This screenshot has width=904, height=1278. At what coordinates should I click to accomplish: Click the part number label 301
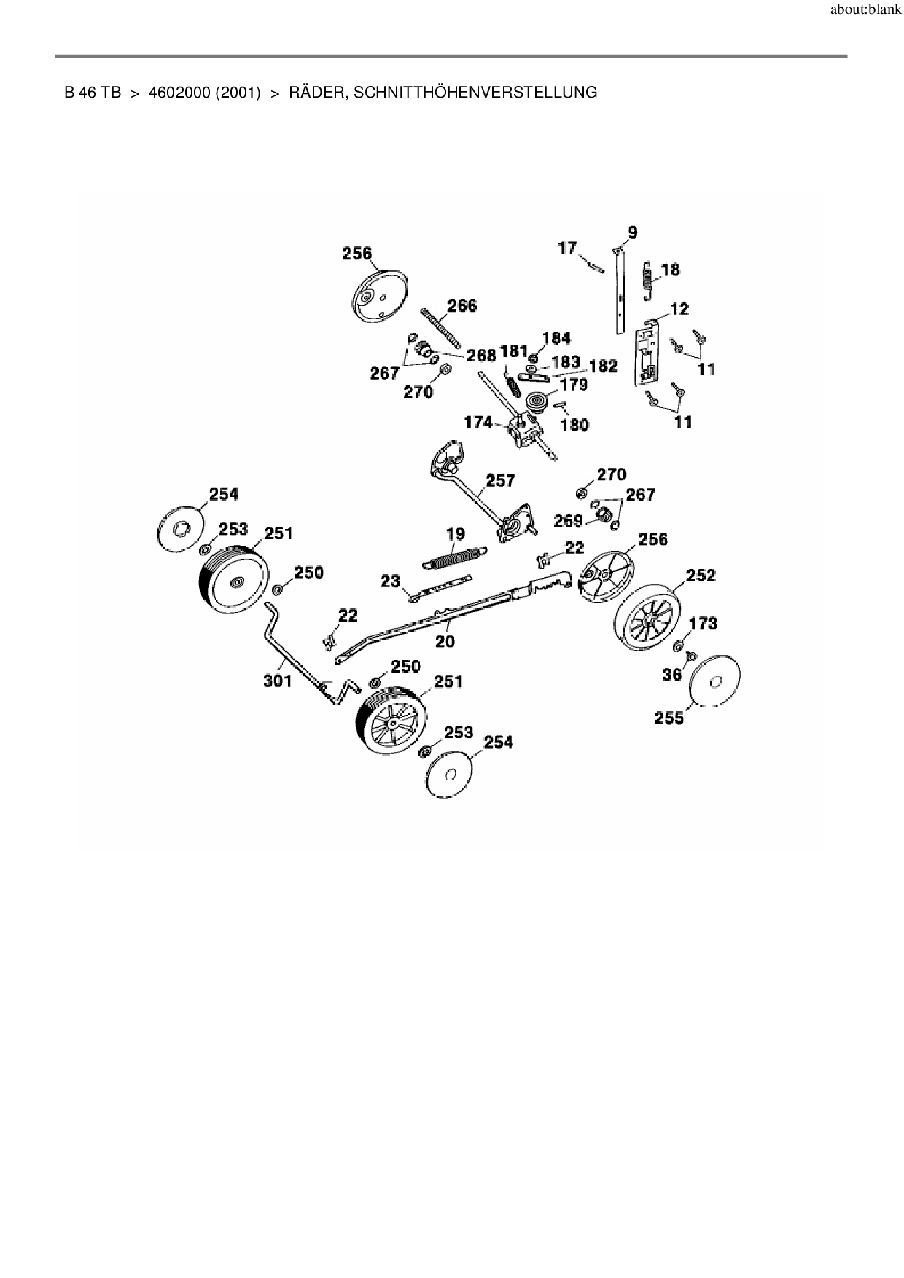click(277, 681)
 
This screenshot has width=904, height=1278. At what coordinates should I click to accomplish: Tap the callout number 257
click(501, 480)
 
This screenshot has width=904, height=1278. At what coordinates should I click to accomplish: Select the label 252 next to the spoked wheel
click(701, 575)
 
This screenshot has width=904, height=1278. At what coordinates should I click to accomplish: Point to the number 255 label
click(669, 718)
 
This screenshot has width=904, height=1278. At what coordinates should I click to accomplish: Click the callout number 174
click(478, 422)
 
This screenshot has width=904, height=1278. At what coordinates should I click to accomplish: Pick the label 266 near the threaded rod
click(461, 305)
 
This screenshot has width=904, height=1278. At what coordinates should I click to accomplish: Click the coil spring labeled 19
click(455, 559)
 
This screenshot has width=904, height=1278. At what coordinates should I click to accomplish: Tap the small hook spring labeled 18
click(648, 278)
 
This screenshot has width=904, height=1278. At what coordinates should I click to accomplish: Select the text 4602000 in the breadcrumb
click(179, 93)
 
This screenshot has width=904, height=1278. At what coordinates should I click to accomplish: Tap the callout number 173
click(703, 623)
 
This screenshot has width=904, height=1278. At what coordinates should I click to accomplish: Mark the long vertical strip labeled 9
click(619, 291)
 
